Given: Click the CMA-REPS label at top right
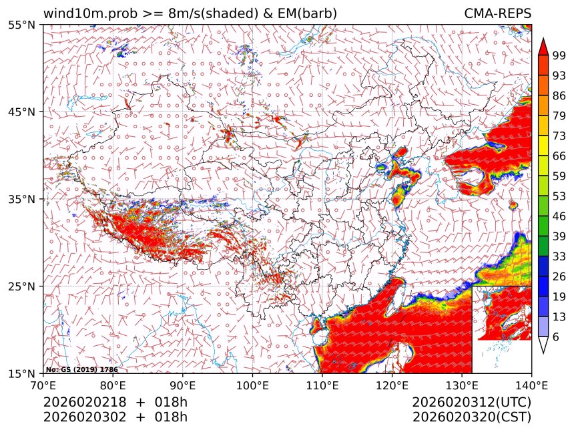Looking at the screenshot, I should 497,13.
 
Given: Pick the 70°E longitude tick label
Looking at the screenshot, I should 43,385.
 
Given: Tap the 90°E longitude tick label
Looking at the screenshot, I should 183,385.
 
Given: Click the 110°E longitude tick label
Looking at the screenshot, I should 322,385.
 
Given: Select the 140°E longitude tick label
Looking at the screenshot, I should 531,385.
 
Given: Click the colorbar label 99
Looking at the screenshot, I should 559,55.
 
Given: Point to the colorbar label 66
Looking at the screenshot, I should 559,156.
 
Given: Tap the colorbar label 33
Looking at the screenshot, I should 559,256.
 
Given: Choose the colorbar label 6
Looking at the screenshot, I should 555,337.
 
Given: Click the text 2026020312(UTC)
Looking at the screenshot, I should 471,403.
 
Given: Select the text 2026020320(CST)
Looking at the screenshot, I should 471,417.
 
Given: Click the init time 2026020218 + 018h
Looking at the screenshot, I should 115,403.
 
